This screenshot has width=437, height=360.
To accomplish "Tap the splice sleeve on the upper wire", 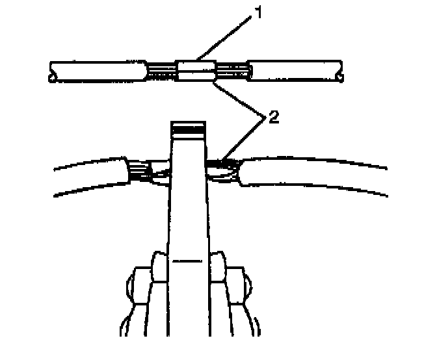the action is (x=196, y=71).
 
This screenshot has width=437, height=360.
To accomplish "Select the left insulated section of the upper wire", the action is (x=98, y=71).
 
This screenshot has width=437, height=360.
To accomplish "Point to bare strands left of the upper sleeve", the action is (x=162, y=71).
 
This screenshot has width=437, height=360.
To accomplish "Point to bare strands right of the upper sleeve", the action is (x=231, y=71).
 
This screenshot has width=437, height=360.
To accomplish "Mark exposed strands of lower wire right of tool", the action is (x=224, y=166).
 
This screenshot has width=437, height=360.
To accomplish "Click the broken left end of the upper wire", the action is (x=52, y=71).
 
